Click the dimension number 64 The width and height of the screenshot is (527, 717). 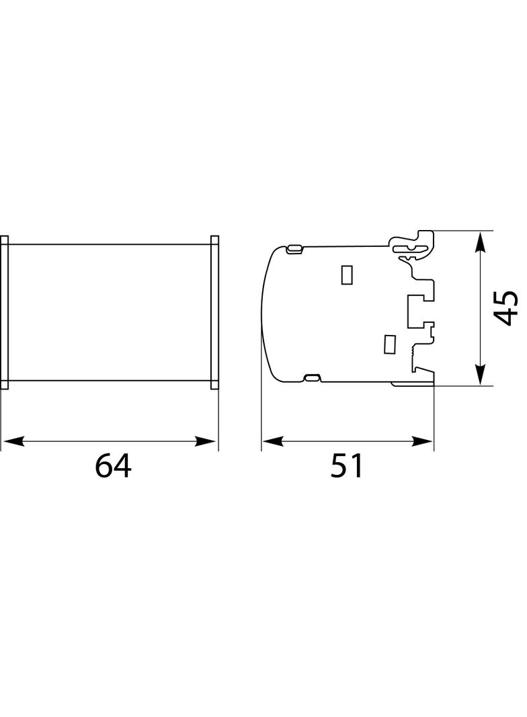(113, 466)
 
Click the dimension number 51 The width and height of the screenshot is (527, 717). (346, 466)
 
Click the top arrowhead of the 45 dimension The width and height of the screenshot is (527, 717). (480, 242)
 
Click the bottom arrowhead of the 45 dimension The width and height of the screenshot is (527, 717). (480, 375)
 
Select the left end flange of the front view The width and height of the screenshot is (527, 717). (4, 312)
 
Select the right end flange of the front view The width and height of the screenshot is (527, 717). (215, 312)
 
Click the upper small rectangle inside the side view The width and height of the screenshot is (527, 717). (347, 274)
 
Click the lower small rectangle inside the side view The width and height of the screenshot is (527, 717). (389, 344)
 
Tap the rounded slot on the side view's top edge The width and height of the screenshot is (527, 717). (294, 250)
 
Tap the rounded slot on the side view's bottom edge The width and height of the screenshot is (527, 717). (312, 379)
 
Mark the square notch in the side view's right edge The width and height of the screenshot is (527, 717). (415, 309)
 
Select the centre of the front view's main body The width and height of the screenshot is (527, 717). (110, 312)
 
